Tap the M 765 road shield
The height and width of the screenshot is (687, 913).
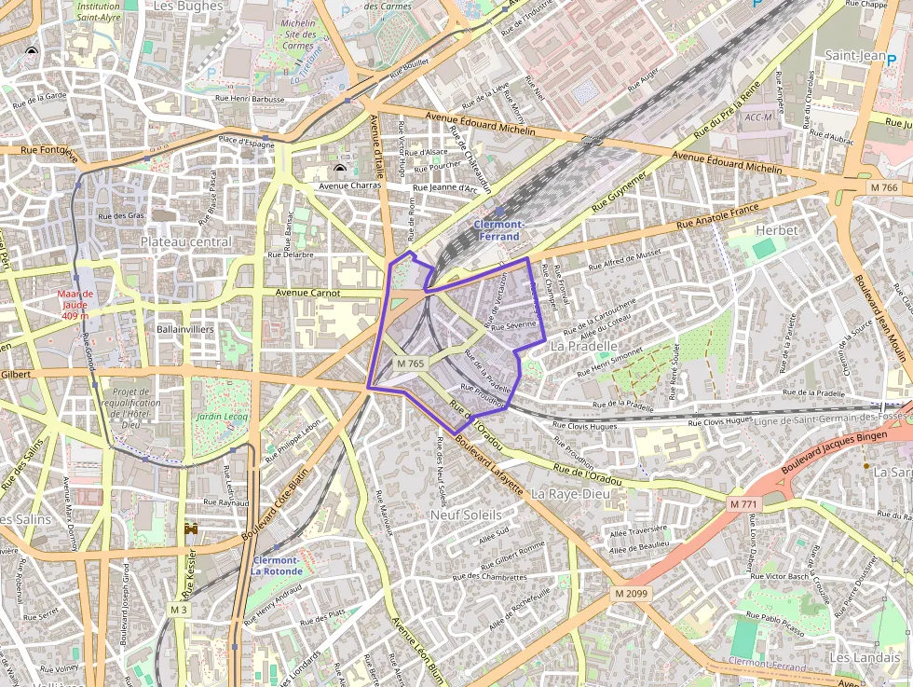(410, 364)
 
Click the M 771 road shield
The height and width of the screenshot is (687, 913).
(743, 504)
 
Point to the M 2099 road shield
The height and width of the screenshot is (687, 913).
(631, 593)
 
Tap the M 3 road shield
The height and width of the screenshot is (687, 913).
(178, 609)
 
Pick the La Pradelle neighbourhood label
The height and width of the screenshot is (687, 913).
(584, 346)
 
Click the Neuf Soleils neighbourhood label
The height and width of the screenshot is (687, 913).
(466, 515)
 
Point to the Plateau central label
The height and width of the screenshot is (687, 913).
(185, 242)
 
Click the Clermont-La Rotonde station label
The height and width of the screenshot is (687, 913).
(277, 565)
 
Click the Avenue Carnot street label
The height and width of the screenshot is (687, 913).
(308, 293)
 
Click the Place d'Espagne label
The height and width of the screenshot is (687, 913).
(246, 142)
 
